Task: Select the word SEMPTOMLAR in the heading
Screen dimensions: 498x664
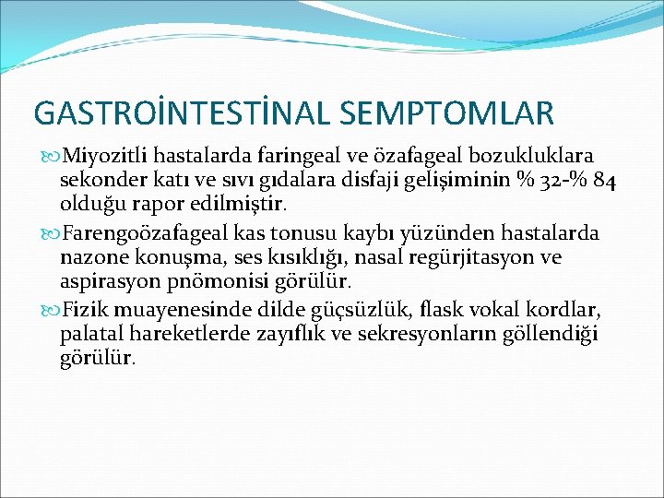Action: pos(447,113)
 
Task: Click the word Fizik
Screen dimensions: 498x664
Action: pos(84,309)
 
